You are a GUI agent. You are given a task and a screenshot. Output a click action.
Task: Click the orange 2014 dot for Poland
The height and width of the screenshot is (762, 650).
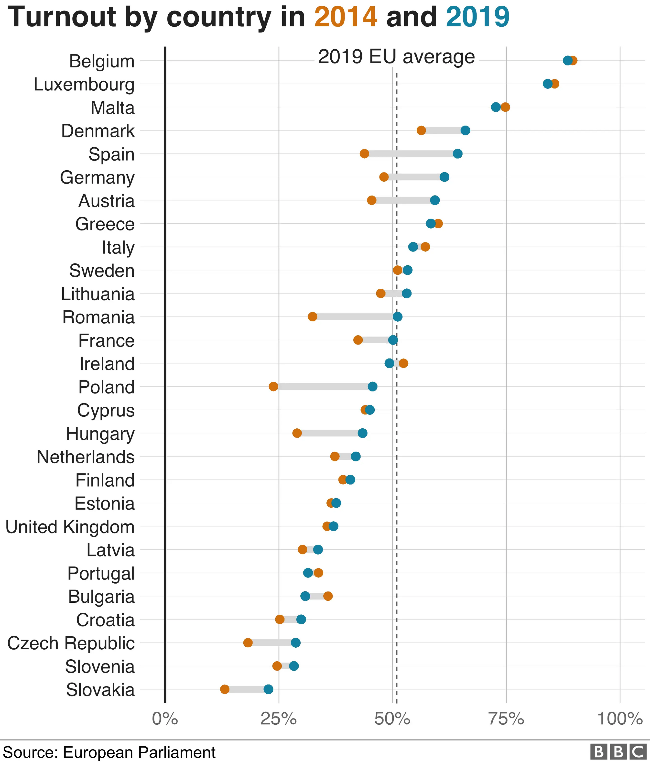273,387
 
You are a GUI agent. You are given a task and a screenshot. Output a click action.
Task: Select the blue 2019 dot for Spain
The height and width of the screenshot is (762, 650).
457,154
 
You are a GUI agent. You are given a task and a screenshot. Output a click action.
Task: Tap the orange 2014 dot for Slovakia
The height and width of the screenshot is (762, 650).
225,689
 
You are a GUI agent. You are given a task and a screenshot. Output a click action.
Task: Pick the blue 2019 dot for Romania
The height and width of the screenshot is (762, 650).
397,317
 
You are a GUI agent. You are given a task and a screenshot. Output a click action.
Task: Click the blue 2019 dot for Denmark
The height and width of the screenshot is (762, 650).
465,130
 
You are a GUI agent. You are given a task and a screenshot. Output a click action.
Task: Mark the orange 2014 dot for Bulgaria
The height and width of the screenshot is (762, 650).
328,596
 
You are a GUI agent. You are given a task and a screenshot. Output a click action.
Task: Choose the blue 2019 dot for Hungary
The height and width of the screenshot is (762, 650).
362,433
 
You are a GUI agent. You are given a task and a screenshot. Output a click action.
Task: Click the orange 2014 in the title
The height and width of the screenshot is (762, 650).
346,17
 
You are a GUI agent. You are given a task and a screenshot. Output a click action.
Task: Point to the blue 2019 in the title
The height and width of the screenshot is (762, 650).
477,17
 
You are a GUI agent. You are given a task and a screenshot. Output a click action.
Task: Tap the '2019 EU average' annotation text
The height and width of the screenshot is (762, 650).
396,57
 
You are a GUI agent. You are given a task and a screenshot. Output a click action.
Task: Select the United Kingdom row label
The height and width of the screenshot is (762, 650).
70,527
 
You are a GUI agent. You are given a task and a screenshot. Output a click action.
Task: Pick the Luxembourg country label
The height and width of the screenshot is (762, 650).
84,84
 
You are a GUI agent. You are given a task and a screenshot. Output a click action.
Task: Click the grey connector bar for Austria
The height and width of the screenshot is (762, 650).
403,200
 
